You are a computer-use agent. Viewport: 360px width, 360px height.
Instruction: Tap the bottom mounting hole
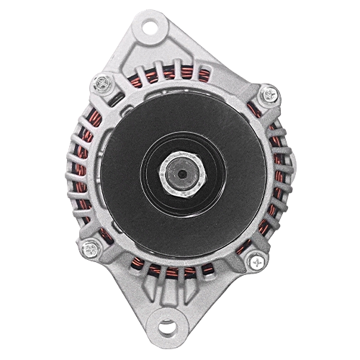point(168,328)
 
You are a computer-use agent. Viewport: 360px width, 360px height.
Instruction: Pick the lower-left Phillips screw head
point(90,249)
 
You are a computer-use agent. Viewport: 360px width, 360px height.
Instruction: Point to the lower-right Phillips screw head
point(257,261)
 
